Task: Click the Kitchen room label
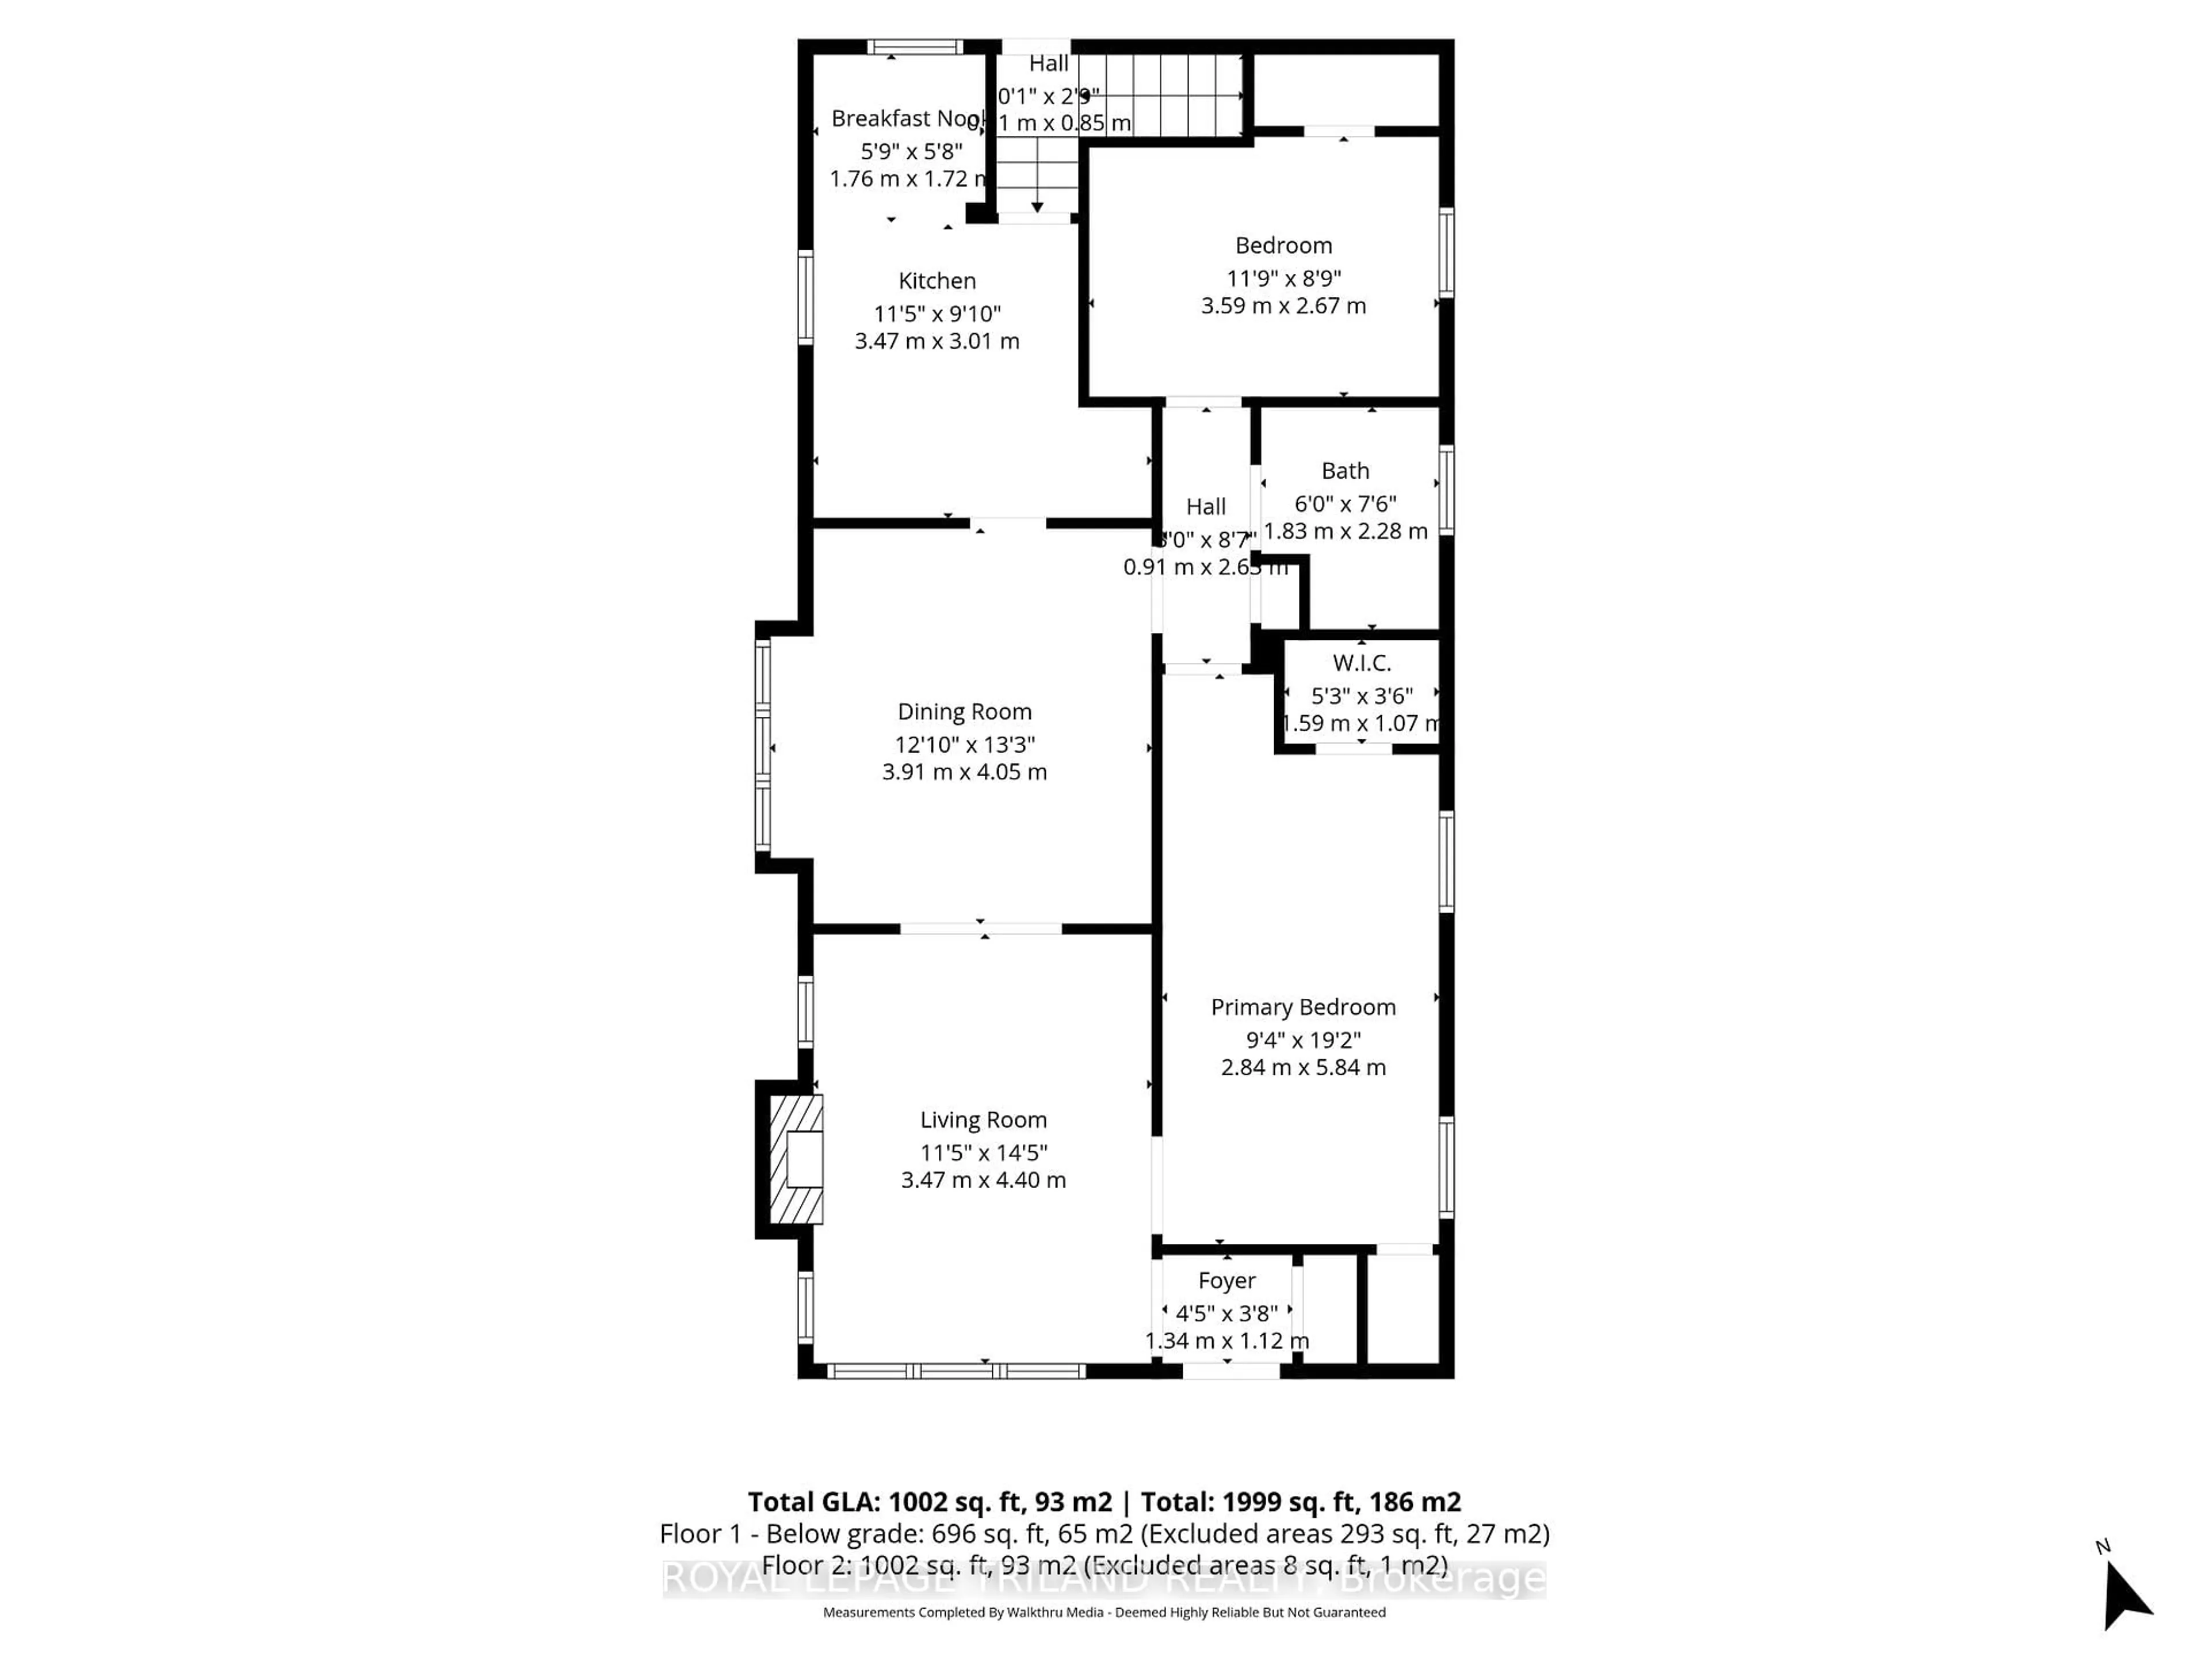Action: click(x=937, y=281)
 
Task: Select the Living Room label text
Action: click(x=983, y=1120)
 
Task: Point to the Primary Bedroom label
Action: click(x=1302, y=1007)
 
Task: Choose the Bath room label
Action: click(x=1344, y=471)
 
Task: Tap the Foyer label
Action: click(x=1226, y=1281)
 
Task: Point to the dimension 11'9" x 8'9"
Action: click(x=1283, y=278)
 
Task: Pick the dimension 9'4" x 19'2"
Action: click(x=1302, y=1040)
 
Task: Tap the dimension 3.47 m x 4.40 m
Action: click(x=983, y=1179)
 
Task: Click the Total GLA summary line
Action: click(x=1103, y=1502)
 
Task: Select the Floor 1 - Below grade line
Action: click(x=1103, y=1533)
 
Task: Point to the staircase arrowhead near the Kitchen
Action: click(x=1038, y=207)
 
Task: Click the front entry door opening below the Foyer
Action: click(x=1230, y=1372)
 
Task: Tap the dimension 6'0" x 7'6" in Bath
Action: click(x=1344, y=503)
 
